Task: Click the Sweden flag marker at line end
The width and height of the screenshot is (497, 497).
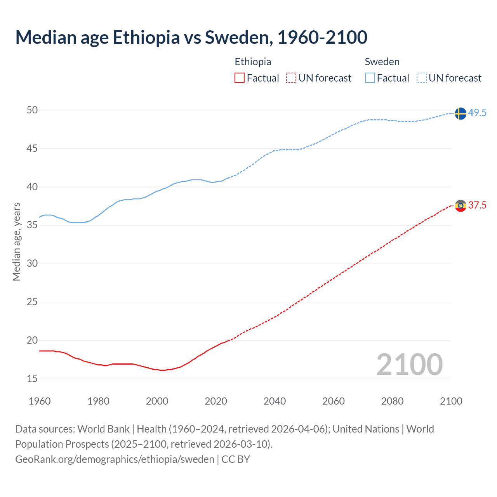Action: [x=460, y=113]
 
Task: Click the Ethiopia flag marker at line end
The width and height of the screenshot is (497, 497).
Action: [x=460, y=205]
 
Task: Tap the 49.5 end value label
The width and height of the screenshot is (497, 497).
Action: [x=477, y=113]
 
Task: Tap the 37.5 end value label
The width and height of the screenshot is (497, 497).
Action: [x=477, y=205]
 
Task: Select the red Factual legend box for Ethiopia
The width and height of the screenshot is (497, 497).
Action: [x=240, y=78]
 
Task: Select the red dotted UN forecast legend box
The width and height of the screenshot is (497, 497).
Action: [x=291, y=78]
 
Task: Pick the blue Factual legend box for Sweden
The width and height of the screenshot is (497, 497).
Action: [x=370, y=78]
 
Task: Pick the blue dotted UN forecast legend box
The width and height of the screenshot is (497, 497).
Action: [x=422, y=78]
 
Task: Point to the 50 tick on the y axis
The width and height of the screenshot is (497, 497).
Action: [x=32, y=110]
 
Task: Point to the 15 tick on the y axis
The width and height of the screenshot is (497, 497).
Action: [x=32, y=379]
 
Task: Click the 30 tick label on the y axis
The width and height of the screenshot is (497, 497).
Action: [x=32, y=263]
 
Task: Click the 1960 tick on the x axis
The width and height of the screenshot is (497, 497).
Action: [x=40, y=401]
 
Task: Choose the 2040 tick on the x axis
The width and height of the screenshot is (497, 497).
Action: [x=275, y=401]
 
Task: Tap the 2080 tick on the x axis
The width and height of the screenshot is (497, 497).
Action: [x=392, y=401]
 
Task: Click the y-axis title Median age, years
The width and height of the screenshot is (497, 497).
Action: [x=16, y=242]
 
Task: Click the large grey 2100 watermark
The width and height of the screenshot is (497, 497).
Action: [x=409, y=364]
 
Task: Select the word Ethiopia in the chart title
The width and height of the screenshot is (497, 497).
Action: [x=146, y=37]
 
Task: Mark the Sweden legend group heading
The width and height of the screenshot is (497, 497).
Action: [x=382, y=62]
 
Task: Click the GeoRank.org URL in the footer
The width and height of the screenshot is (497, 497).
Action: [x=115, y=459]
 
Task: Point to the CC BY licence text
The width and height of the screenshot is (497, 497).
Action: [x=236, y=459]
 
